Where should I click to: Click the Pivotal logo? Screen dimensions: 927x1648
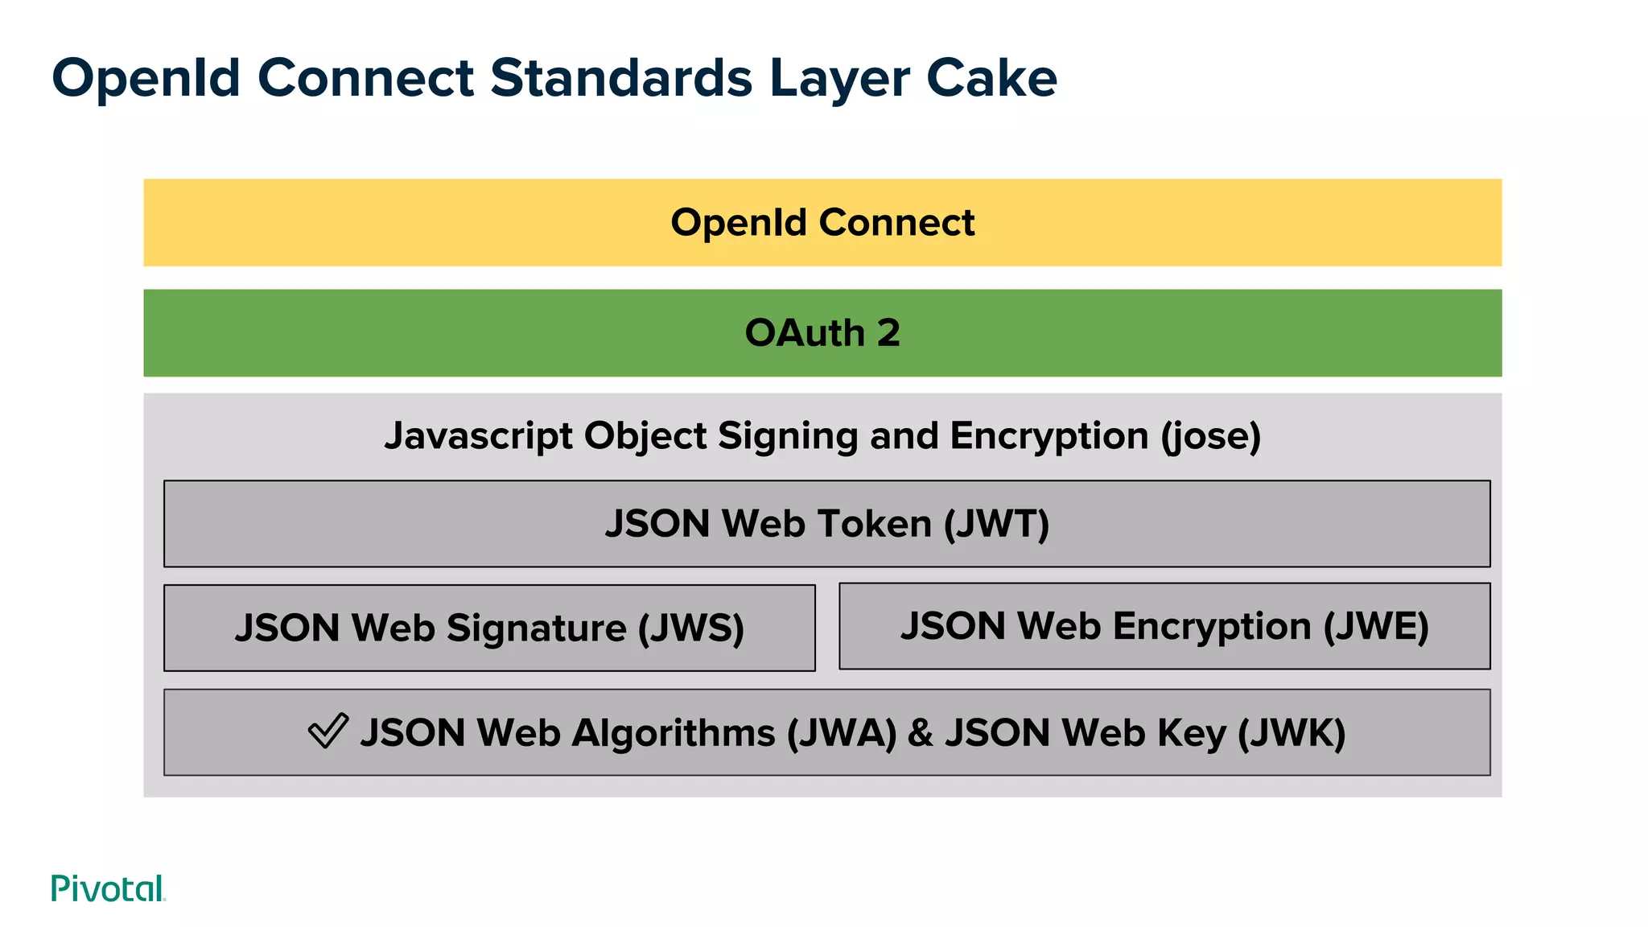coord(108,888)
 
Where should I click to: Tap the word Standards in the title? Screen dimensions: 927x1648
coord(621,78)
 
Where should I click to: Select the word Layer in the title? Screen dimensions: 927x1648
coord(839,78)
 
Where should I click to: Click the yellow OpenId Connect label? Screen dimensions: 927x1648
coord(822,223)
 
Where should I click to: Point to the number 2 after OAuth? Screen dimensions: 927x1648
coord(888,333)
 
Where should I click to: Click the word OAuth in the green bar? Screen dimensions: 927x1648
coord(804,333)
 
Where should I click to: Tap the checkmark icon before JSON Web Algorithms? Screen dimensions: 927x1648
coord(328,731)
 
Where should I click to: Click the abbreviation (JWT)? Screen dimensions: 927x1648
coord(997,524)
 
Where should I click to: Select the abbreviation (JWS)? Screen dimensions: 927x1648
coord(691,628)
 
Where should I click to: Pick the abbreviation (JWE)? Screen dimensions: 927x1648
coord(1376,626)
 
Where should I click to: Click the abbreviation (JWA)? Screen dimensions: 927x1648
coord(842,733)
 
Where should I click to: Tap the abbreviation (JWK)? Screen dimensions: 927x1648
coord(1292,733)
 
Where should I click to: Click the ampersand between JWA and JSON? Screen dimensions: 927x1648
coord(921,733)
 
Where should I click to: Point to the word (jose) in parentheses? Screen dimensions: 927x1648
coord(1210,436)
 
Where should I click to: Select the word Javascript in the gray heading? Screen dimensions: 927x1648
coord(478,436)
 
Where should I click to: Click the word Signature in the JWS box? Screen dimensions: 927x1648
coord(536,628)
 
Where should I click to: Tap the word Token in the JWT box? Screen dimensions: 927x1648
coord(874,524)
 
